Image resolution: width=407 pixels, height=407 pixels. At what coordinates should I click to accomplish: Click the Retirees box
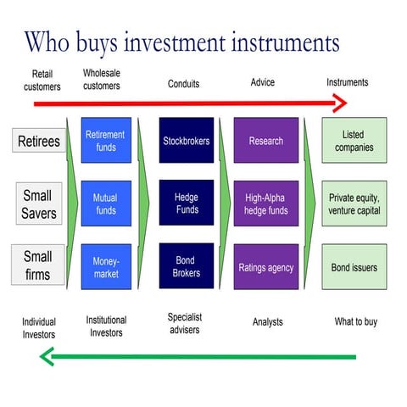(40, 141)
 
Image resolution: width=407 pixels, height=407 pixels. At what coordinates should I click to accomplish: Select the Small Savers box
(38, 205)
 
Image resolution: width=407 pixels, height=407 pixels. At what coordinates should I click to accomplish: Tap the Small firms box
(38, 265)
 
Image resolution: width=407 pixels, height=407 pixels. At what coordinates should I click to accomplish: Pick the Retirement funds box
(105, 141)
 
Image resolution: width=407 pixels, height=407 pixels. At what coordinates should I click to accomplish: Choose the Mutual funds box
(105, 203)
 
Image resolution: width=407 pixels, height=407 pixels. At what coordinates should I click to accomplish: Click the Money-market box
(105, 267)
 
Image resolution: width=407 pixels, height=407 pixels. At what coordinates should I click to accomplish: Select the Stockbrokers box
(187, 141)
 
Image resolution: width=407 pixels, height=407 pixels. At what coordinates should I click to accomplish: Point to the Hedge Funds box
(187, 203)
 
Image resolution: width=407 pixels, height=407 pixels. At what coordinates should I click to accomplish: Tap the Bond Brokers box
(187, 267)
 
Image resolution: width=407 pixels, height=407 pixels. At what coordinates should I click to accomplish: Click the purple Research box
(266, 141)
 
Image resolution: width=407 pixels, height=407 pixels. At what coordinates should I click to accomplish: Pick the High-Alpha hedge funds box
(266, 203)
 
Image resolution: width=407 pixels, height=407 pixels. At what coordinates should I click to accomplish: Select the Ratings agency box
(266, 267)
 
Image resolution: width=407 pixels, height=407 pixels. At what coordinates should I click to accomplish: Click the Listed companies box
(354, 141)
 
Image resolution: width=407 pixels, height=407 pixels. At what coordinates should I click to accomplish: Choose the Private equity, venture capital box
(354, 203)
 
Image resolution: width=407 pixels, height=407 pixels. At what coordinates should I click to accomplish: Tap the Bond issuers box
(354, 267)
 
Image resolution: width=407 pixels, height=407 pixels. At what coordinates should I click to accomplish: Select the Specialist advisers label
(185, 323)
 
